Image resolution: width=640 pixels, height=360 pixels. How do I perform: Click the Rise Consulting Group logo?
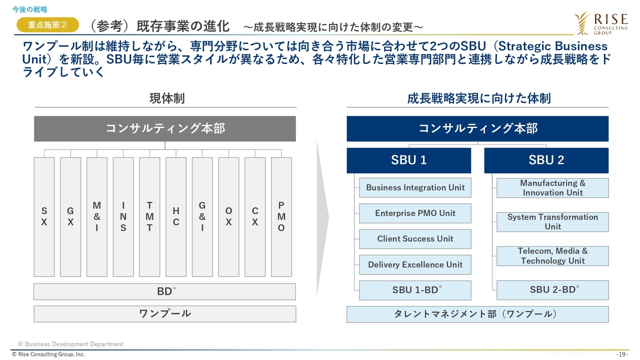pos(601,23)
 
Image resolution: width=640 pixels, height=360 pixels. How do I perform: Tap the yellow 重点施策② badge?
pos(47,24)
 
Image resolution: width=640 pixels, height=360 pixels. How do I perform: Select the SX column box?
pos(44,217)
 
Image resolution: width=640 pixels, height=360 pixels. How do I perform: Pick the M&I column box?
pos(97,217)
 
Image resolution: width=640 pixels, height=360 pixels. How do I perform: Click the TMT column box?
pos(149,217)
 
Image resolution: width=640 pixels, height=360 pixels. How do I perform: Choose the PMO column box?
pos(281,217)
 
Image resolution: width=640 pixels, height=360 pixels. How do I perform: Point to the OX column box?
pos(228,217)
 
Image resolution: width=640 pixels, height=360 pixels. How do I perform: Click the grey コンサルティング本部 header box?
pos(165,128)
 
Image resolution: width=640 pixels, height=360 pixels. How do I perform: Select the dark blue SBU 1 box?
pos(408,160)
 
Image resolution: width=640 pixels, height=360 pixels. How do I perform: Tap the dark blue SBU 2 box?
pos(546,160)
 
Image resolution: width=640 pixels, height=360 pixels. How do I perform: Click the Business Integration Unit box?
pos(415,187)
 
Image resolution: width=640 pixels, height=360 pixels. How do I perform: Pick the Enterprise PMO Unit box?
pos(415,213)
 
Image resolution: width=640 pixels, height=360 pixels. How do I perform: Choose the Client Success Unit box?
pos(415,239)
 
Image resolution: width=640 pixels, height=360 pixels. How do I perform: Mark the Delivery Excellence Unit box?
pos(415,264)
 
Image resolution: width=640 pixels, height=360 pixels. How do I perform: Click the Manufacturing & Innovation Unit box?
pos(552,188)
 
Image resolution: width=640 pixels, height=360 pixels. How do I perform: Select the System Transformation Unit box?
pos(552,222)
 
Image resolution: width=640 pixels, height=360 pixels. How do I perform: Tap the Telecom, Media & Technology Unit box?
pos(552,256)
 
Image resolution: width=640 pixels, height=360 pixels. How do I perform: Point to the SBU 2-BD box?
pos(552,290)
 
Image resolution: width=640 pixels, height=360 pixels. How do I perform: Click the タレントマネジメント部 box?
pos(477,314)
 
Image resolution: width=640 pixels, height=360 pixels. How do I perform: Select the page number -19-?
pos(622,354)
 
